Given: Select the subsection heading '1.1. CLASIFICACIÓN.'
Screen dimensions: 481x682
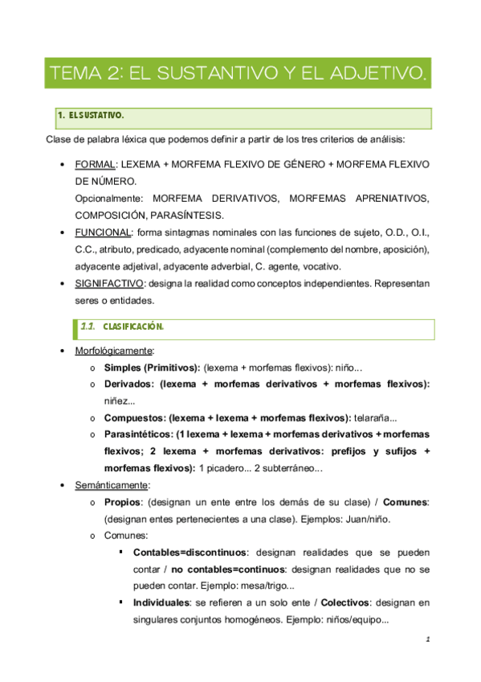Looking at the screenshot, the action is coord(133,327).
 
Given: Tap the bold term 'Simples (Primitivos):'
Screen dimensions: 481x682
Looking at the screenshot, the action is coord(152,368).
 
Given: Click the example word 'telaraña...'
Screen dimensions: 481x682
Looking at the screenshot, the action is coord(376,417).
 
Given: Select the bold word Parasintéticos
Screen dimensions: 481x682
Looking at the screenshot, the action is coord(138,434).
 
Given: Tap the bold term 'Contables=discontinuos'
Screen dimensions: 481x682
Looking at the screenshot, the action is coord(190,553).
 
